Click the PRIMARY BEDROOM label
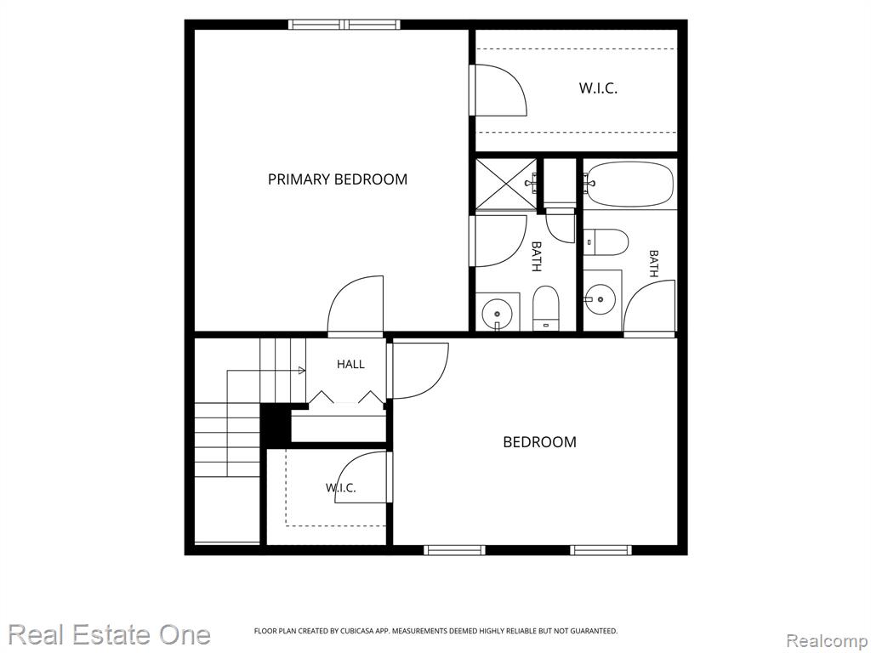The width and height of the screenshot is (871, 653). click(x=337, y=179)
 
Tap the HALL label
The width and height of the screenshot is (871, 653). click(x=350, y=364)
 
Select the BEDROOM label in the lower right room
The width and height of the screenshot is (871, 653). click(x=539, y=442)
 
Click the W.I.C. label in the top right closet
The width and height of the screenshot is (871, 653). click(x=598, y=88)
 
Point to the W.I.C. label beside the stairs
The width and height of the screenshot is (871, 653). click(x=340, y=488)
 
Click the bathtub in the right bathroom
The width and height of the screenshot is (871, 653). click(x=630, y=185)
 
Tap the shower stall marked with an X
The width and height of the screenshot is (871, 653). click(x=505, y=185)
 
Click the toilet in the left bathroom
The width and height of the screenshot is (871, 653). click(x=545, y=308)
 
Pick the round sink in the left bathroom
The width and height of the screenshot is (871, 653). click(x=496, y=313)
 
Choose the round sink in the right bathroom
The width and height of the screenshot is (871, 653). click(x=601, y=299)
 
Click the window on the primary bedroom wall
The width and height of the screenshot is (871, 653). click(x=344, y=25)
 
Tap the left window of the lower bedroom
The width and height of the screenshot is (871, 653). click(x=454, y=550)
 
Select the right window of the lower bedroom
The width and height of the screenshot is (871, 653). click(x=601, y=550)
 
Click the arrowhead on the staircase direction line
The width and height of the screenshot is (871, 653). click(x=302, y=371)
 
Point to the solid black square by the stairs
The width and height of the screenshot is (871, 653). click(x=276, y=423)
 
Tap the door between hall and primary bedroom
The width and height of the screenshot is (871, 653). click(x=356, y=306)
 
